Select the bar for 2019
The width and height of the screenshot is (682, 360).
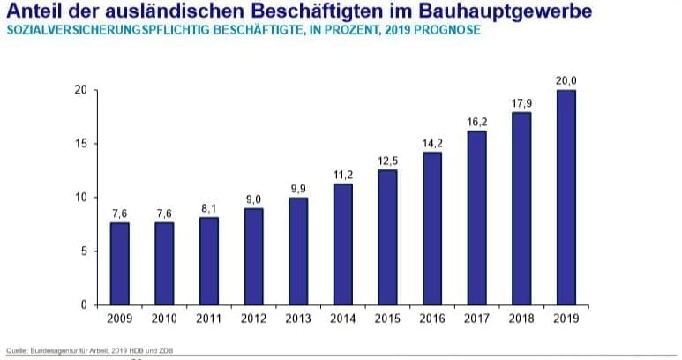(566, 198)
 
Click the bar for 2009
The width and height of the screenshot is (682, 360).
(119, 264)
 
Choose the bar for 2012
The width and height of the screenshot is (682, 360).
(253, 257)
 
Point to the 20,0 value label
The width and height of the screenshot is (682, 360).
(566, 81)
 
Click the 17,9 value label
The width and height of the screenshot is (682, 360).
(521, 103)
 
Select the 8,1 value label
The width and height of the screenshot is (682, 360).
(208, 208)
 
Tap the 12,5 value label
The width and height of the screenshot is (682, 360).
(387, 161)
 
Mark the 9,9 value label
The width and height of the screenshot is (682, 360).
(297, 189)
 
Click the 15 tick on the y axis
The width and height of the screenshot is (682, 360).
(79, 144)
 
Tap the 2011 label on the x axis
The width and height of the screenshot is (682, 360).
(208, 319)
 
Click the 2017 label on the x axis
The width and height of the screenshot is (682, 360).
(476, 319)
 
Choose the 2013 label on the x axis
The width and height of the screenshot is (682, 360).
(297, 319)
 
